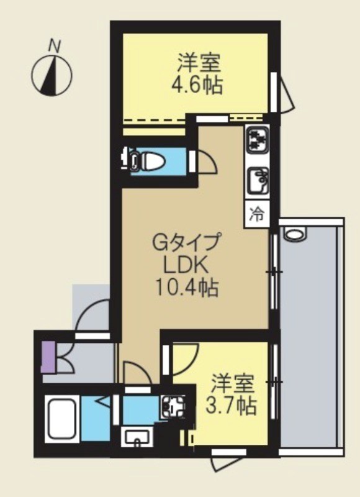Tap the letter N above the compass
coord(55,45)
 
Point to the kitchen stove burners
coord(256,140)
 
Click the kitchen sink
coord(257,181)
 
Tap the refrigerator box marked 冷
coord(257,214)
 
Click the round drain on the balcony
coord(292,235)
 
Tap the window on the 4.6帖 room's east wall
coord(274,92)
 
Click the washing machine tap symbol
coord(169,407)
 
